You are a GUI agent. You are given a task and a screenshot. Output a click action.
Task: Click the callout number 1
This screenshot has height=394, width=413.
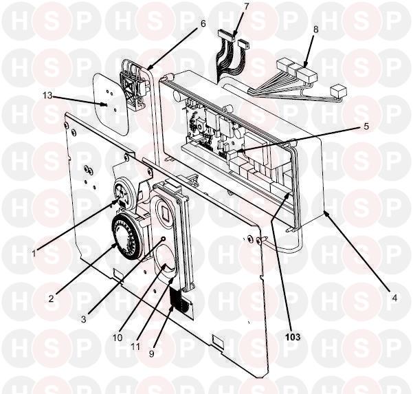[34, 254]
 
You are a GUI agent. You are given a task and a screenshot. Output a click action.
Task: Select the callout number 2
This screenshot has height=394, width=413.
[51, 298]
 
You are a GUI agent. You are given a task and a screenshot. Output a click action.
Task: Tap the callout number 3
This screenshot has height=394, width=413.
[84, 320]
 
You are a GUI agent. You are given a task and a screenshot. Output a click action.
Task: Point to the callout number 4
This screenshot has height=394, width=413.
[394, 298]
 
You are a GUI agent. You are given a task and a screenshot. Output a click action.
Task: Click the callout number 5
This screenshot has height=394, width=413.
[366, 127]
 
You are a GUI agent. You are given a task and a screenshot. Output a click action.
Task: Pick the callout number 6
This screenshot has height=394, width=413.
[203, 23]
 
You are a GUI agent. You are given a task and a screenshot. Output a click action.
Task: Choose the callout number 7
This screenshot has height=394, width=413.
[246, 7]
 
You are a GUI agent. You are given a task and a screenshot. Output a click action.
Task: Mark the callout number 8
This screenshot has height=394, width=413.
[316, 30]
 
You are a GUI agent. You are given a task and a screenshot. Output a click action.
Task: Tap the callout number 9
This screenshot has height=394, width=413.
[151, 353]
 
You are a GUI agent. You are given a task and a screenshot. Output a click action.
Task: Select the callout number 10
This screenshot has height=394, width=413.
[118, 338]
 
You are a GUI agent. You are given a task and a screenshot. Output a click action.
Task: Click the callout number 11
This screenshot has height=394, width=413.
[135, 347]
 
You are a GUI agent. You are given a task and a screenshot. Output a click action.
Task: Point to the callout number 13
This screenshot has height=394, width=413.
[47, 96]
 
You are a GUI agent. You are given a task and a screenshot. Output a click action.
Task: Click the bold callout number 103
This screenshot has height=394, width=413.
[293, 337]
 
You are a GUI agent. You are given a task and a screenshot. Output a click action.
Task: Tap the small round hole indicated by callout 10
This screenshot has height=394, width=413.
[164, 239]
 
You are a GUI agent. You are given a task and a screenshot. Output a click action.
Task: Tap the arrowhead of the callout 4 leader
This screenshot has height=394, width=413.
[325, 213]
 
